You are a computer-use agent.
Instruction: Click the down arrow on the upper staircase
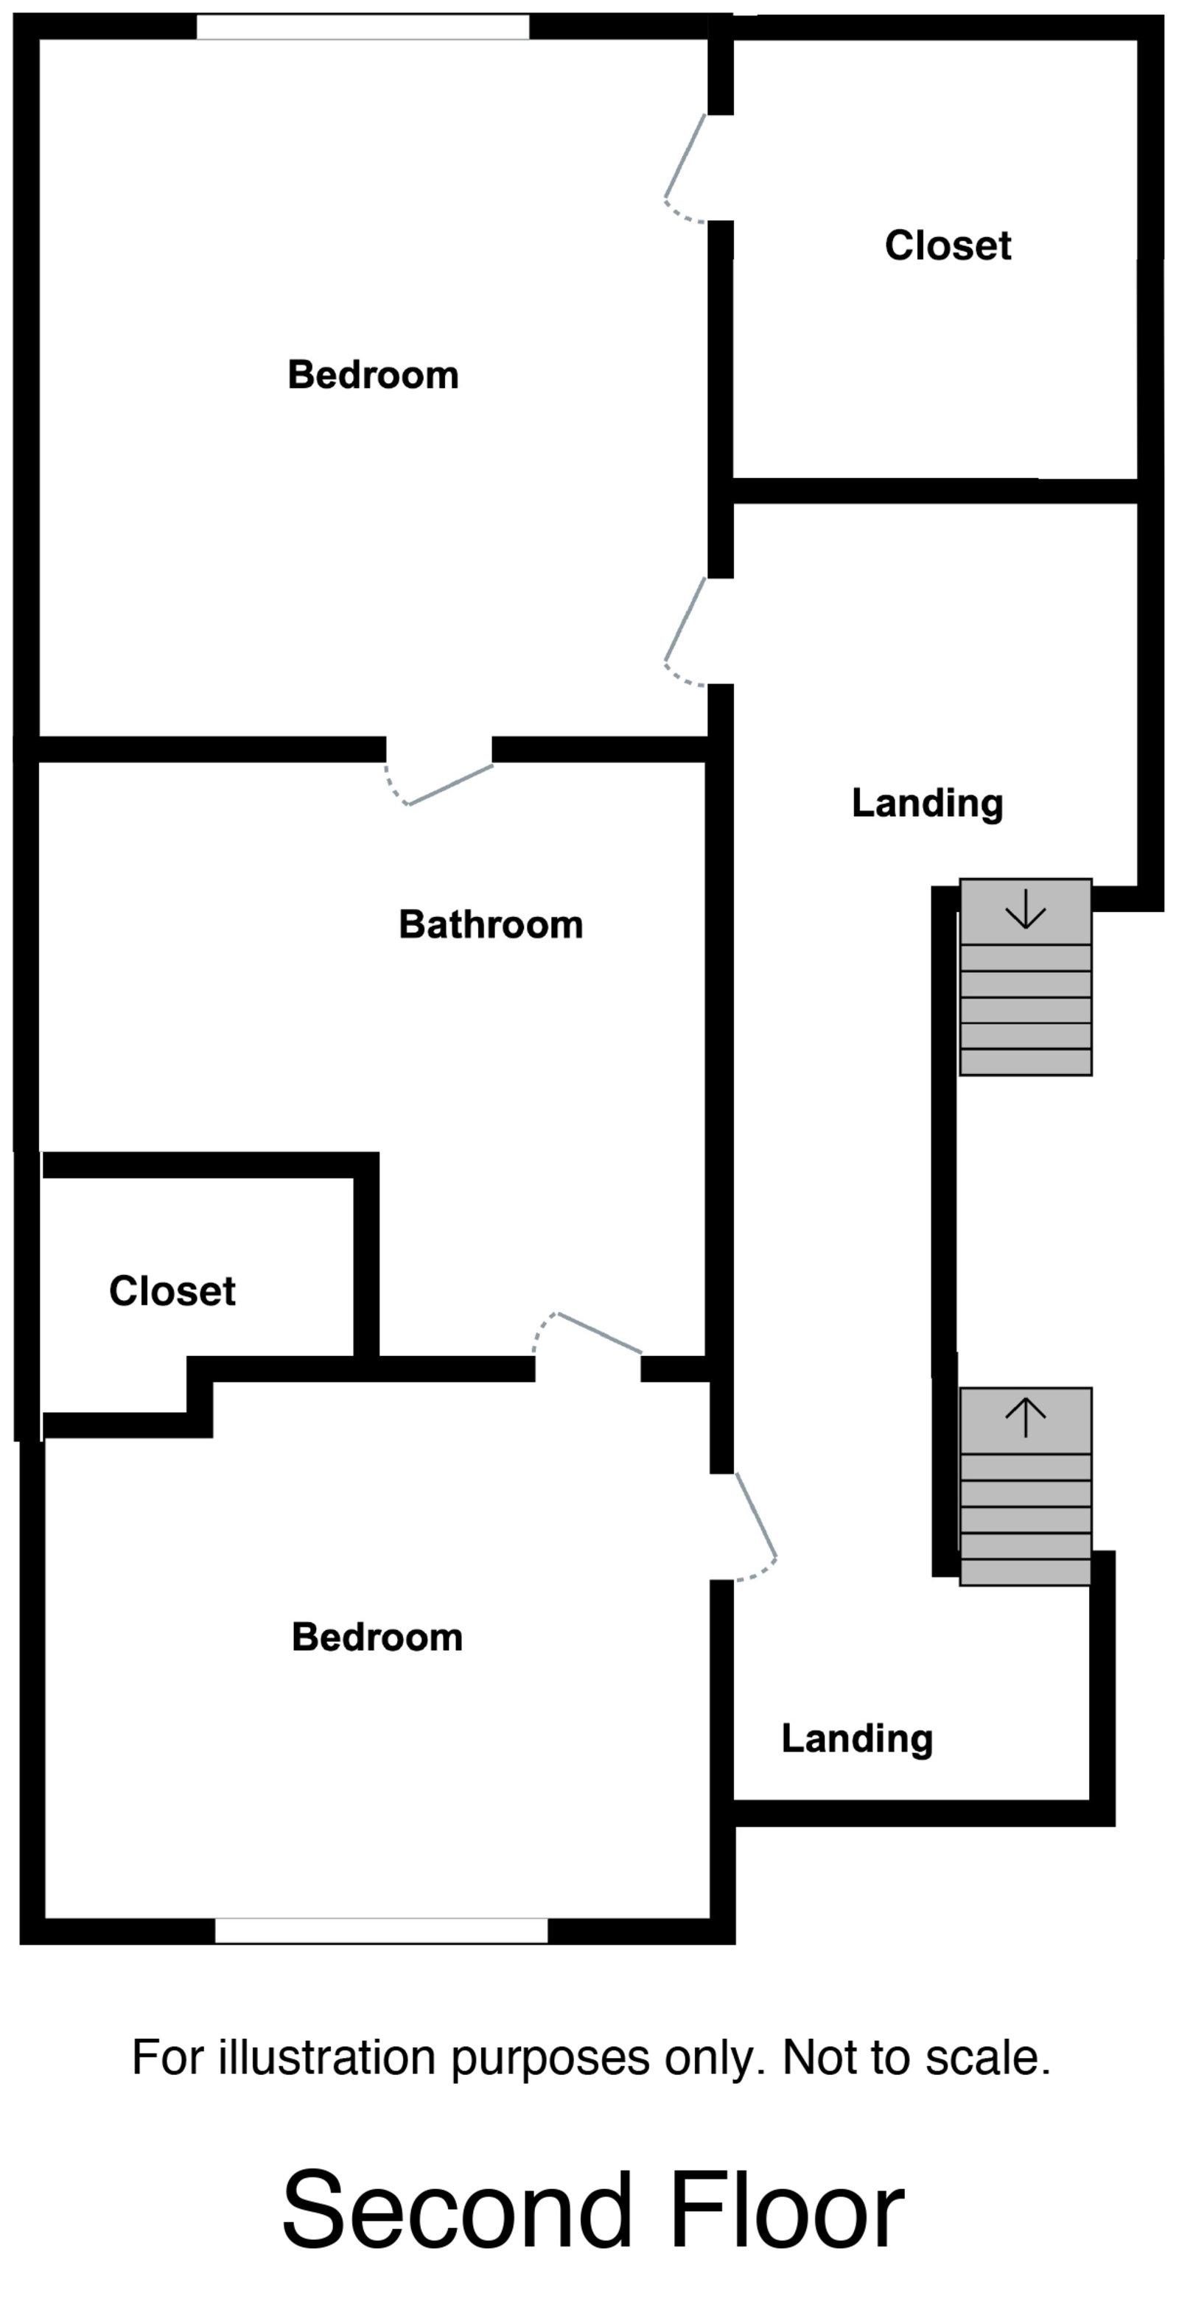(1025, 910)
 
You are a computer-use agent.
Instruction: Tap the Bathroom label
(490, 924)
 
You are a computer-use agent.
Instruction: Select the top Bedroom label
(373, 375)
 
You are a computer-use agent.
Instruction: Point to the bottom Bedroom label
(377, 1637)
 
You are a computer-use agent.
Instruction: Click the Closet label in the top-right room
(948, 245)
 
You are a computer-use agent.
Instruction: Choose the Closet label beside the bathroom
(172, 1290)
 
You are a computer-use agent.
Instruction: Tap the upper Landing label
(928, 803)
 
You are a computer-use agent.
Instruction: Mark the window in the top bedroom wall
(363, 27)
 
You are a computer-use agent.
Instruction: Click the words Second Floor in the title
(592, 2210)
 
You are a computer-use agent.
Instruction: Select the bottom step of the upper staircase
(1025, 1061)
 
